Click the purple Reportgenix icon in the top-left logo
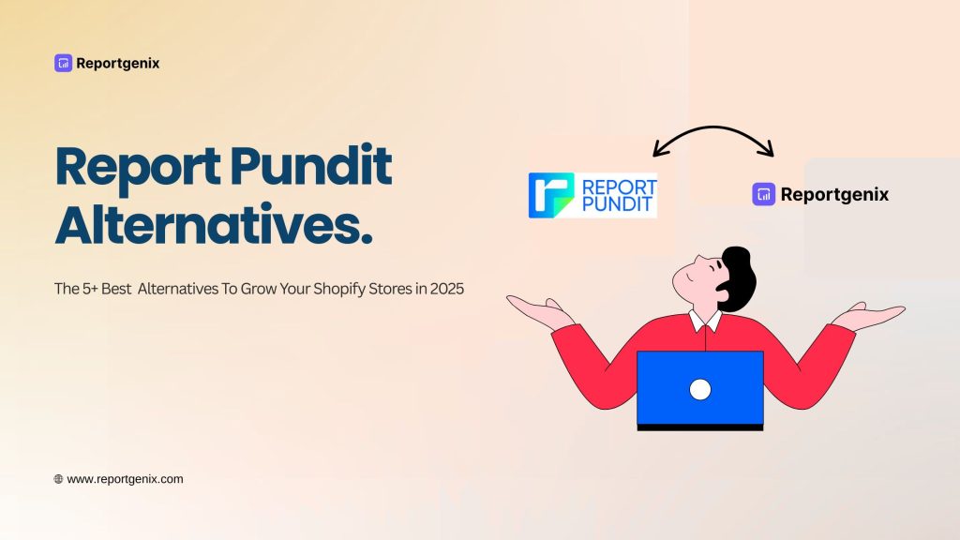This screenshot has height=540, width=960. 63,64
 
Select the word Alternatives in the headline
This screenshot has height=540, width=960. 213,228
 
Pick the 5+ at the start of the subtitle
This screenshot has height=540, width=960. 95,289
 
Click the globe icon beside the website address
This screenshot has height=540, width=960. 58,479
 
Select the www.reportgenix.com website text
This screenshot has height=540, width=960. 126,479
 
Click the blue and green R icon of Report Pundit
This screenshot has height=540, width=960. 550,195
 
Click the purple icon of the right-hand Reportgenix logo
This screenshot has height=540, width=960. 763,194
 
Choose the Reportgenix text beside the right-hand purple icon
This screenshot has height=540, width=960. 834,195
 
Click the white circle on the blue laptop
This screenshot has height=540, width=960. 699,389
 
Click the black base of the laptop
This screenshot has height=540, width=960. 699,427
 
